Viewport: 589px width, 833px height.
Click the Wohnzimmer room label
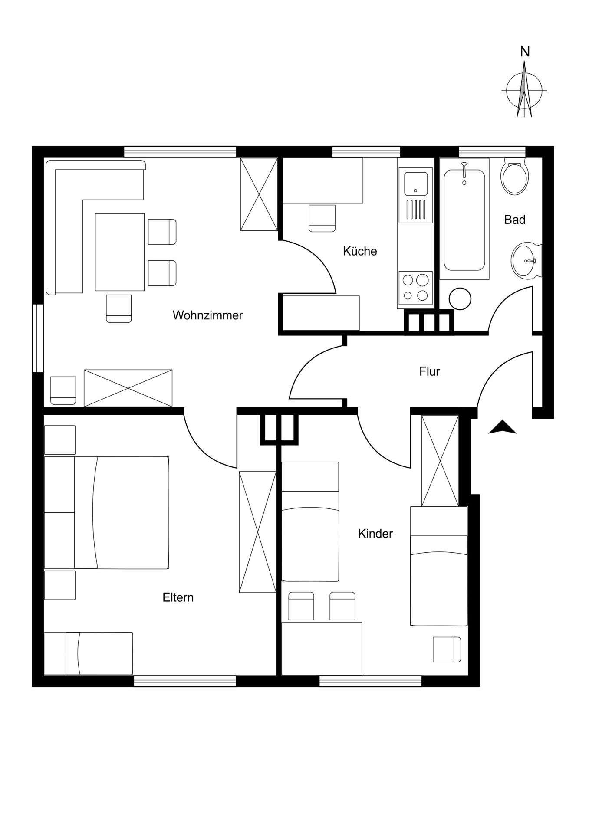(207, 315)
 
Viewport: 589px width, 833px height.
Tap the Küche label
(360, 251)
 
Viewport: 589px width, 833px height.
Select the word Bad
(515, 220)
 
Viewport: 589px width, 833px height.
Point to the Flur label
(430, 371)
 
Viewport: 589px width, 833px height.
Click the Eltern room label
(178, 597)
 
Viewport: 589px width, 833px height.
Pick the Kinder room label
(375, 534)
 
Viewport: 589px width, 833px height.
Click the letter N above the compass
(525, 52)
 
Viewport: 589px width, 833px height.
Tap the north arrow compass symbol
(524, 90)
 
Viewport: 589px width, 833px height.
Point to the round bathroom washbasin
(525, 261)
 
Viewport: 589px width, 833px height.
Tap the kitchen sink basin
(416, 184)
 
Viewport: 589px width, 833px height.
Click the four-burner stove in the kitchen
(415, 288)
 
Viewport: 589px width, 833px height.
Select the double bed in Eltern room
(106, 512)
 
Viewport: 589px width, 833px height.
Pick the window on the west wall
(38, 338)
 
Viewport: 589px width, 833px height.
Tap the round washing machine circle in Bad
(460, 298)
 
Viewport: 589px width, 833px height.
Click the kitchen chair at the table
(322, 218)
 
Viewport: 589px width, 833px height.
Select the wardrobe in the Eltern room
(258, 532)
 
